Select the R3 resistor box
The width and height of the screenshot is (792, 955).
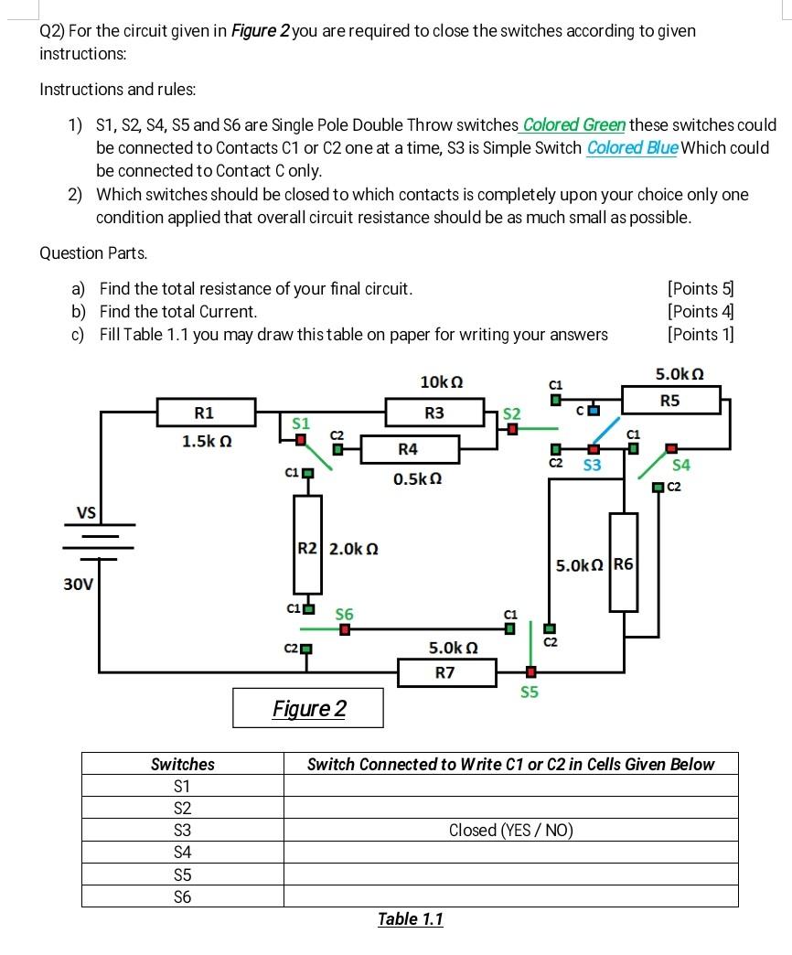[x=434, y=413]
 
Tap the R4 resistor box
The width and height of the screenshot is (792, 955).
[x=408, y=449]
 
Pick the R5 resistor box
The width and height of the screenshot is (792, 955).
[x=670, y=400]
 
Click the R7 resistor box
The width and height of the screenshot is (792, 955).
[x=445, y=673]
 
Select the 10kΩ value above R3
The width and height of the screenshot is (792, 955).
[x=440, y=380]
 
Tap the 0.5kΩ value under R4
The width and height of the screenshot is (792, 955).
[x=417, y=479]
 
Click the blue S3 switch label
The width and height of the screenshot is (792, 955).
[x=592, y=466]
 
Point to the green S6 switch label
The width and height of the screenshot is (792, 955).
[x=344, y=614]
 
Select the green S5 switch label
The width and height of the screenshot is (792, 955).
[x=530, y=692]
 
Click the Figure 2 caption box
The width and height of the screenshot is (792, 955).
[x=307, y=708]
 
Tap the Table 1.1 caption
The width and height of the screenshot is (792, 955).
[x=410, y=918]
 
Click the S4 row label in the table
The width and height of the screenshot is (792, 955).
[x=183, y=852]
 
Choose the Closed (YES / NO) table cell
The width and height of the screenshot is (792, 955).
[x=510, y=830]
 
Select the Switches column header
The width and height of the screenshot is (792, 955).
[x=183, y=764]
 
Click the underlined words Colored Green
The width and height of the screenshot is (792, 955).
[x=573, y=124]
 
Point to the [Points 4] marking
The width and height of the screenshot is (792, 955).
[x=701, y=311]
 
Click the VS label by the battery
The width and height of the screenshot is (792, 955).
[x=87, y=513]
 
